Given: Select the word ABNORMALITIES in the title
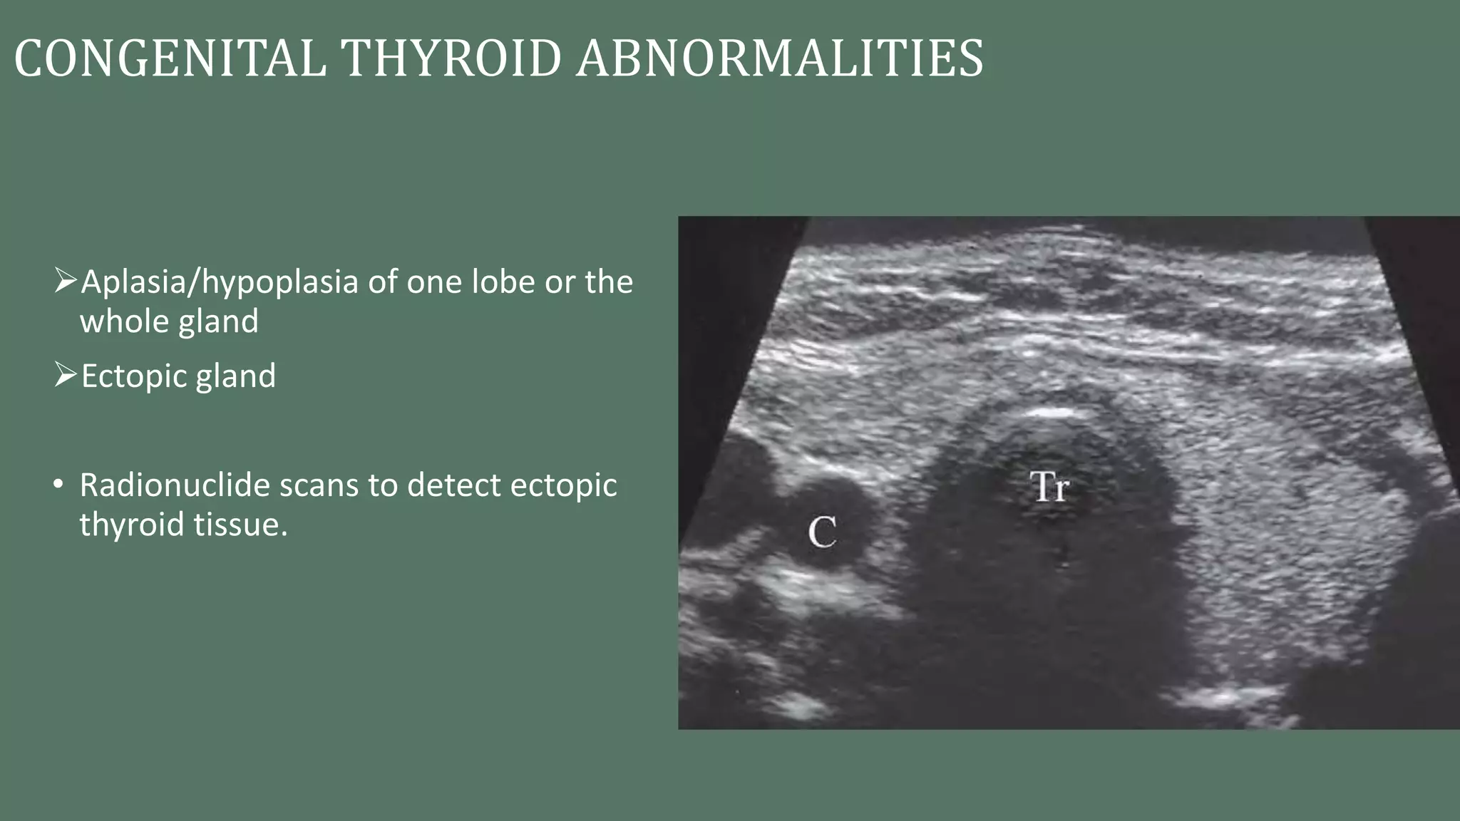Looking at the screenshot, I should (780, 58).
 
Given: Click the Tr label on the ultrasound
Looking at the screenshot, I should (1049, 487).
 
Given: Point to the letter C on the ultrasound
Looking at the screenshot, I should (822, 532).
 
